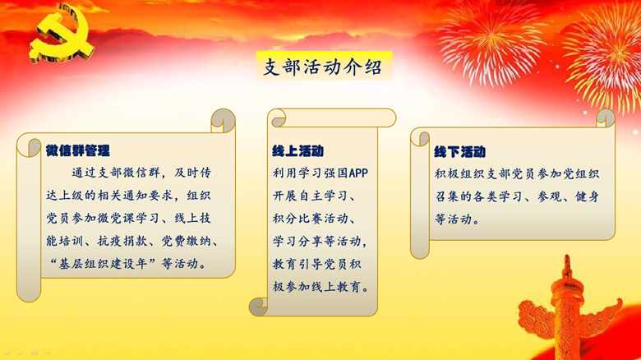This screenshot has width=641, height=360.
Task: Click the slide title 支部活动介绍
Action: point(323,67)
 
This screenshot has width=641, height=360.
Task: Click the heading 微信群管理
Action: point(78,150)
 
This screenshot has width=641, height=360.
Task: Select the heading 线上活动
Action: point(298,151)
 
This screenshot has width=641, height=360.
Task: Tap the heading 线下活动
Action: point(460,152)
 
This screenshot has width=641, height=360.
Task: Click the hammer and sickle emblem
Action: point(62,34)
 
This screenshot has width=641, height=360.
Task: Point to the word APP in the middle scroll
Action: point(358,173)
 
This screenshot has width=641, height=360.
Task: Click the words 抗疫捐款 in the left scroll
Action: point(122,241)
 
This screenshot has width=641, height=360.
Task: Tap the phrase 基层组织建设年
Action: point(103,264)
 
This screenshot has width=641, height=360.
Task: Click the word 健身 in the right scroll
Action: point(587,196)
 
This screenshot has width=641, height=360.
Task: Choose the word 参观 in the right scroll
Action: point(549,196)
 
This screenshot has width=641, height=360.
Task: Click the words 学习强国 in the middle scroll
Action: point(323,173)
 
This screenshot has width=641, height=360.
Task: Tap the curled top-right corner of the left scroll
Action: point(224,121)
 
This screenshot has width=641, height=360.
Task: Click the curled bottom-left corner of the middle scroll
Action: point(258,307)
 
